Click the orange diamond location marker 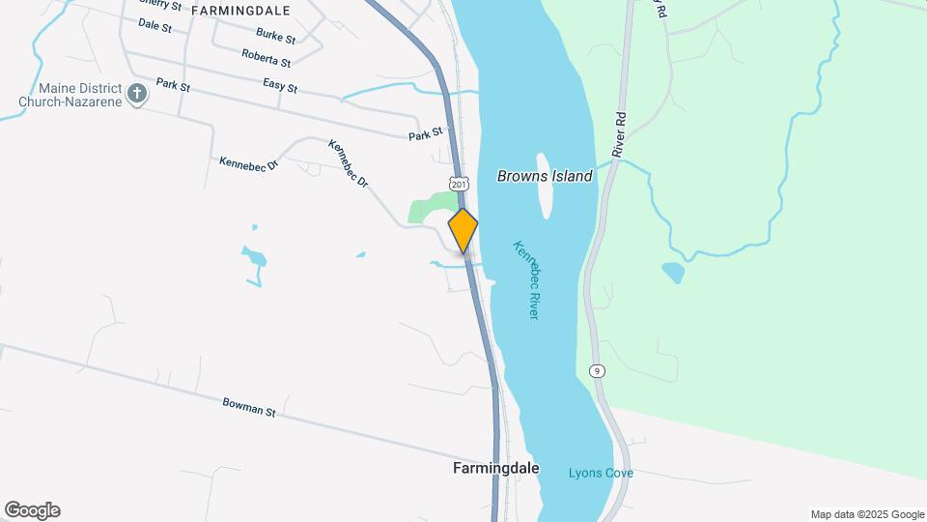[x=463, y=231]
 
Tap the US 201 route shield [x=459, y=184]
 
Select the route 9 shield [x=599, y=371]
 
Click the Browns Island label [x=545, y=176]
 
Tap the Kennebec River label [x=526, y=280]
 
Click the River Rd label [x=619, y=135]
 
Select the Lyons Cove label [x=601, y=473]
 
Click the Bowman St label [x=249, y=407]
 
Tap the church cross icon [x=137, y=94]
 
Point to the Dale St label [x=154, y=25]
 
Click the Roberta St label [x=267, y=59]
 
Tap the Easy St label [x=280, y=86]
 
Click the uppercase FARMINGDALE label [x=240, y=10]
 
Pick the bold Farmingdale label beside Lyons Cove [x=495, y=469]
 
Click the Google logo [x=32, y=510]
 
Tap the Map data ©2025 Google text [x=866, y=514]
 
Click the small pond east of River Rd [x=673, y=272]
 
